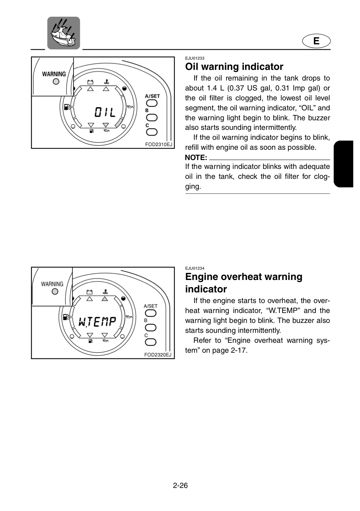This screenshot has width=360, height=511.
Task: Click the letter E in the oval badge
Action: click(x=316, y=41)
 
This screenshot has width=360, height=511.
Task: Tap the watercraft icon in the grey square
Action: click(x=64, y=33)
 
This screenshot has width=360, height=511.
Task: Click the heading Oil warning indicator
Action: click(x=234, y=67)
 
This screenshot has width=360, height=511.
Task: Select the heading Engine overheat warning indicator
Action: click(x=244, y=282)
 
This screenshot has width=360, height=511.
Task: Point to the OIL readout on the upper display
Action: click(x=105, y=112)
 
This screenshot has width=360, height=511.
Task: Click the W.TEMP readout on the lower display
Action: click(x=97, y=322)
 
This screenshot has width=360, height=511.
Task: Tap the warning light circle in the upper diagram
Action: click(x=56, y=82)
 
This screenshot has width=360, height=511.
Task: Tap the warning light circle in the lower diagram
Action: click(x=55, y=292)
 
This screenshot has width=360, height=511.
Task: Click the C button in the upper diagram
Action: click(x=152, y=132)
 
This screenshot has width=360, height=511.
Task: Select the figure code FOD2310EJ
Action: click(x=159, y=145)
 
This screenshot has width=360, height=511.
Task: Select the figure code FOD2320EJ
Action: click(x=158, y=355)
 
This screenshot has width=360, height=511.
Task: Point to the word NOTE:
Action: click(x=196, y=158)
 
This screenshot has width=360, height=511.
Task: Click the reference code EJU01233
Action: click(x=195, y=58)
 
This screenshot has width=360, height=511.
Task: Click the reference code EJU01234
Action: click(x=195, y=268)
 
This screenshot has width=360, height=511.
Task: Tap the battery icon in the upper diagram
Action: click(x=91, y=82)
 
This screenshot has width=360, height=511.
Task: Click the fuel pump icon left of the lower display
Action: click(x=66, y=317)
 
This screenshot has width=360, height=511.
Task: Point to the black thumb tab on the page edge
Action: click(x=343, y=164)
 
